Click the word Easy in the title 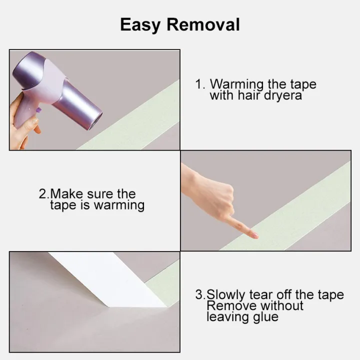[140, 25]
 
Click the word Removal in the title [203, 24]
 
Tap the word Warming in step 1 [236, 84]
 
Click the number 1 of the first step [198, 84]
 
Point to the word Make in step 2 [66, 194]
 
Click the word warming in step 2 [119, 205]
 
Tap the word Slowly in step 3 [225, 295]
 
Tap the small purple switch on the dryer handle [38, 110]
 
